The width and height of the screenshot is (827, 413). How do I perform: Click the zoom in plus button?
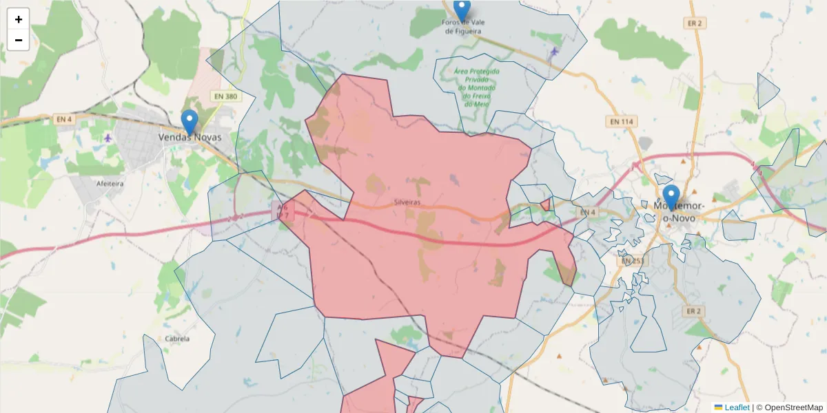(x=19, y=19)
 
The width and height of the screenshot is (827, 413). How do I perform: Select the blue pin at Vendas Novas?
(x=190, y=122)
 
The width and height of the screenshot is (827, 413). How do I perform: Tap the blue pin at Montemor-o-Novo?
(x=671, y=197)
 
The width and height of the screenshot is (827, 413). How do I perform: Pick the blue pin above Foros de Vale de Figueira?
(x=462, y=10)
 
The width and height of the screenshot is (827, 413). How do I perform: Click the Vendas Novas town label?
(x=190, y=137)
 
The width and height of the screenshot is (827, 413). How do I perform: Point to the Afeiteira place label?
(x=110, y=184)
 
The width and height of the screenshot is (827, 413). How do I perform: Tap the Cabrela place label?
(x=177, y=339)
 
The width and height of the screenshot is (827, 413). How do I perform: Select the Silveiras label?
(x=407, y=202)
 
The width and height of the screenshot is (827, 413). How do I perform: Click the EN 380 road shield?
(x=225, y=96)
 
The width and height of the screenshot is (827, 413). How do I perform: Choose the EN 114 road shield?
(x=622, y=121)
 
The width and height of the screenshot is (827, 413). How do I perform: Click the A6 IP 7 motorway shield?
(x=283, y=211)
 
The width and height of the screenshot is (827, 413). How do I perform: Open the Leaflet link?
(x=737, y=407)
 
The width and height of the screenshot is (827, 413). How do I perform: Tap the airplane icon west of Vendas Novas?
(x=108, y=138)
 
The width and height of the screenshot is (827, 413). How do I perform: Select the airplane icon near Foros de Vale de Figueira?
(x=555, y=52)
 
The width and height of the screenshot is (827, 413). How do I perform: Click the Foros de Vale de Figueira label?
(x=462, y=27)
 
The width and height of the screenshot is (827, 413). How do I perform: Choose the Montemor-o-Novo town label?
(x=680, y=212)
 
